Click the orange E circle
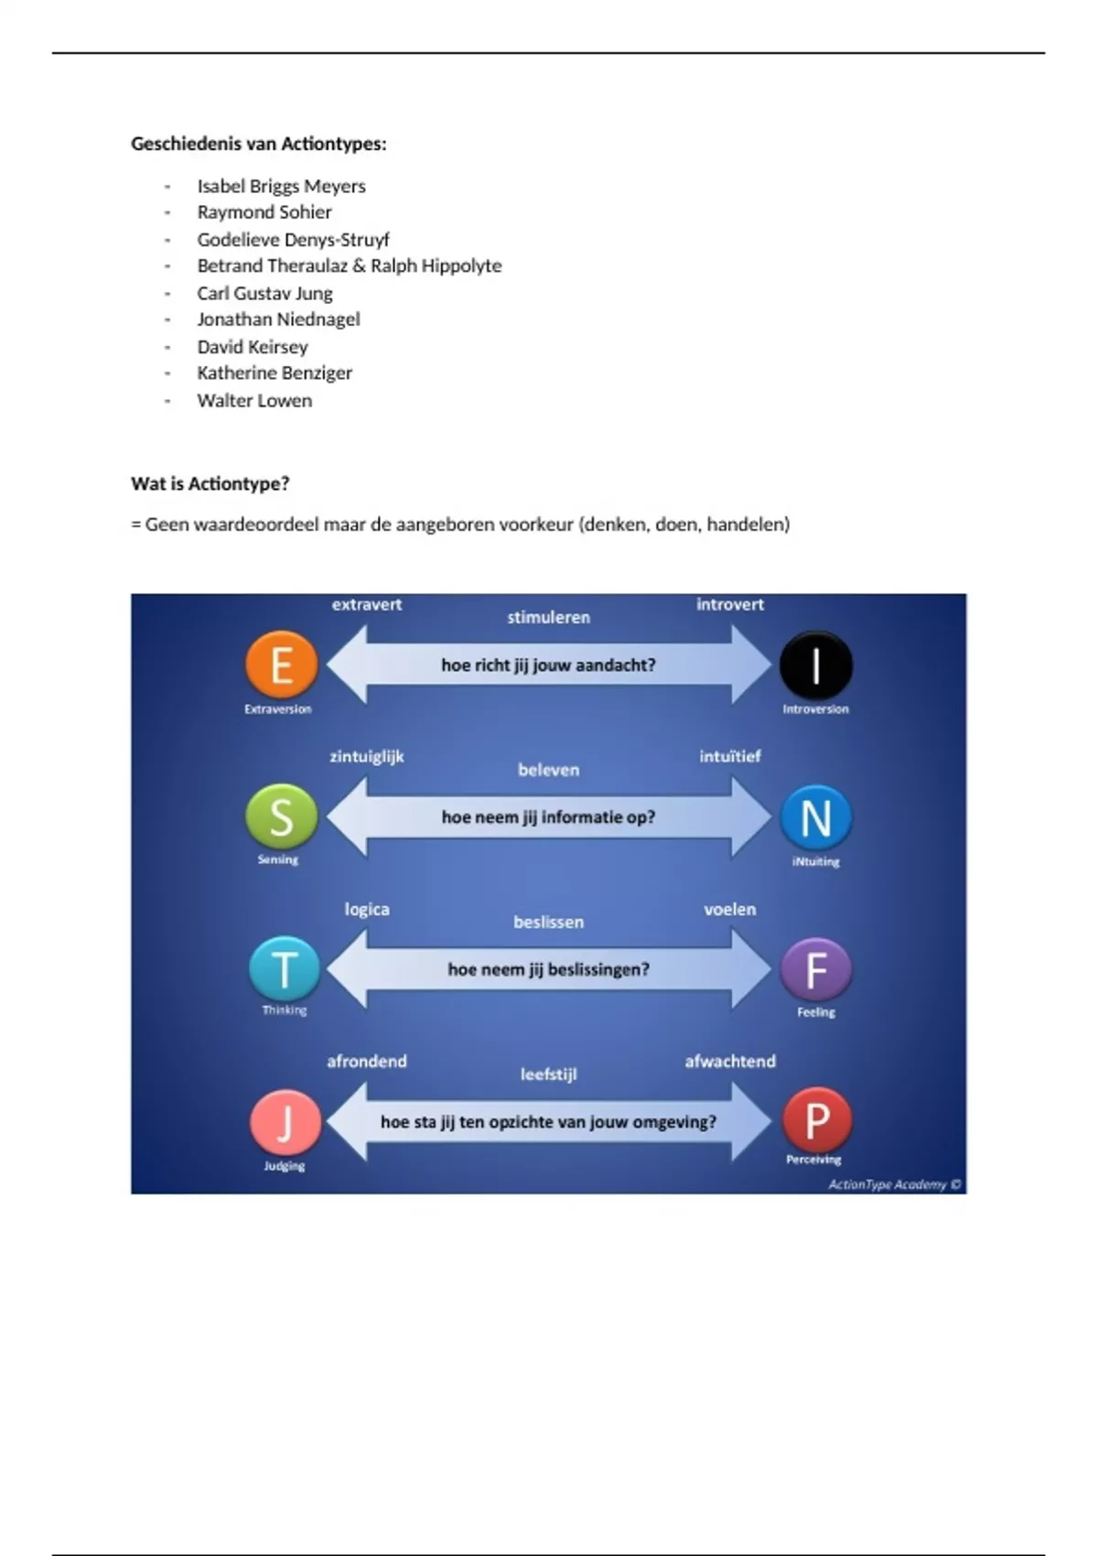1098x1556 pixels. click(282, 665)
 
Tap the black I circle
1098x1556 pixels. click(815, 665)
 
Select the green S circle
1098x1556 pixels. click(282, 816)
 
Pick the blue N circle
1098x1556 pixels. click(815, 817)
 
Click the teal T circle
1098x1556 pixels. click(285, 969)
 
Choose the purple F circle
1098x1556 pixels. click(815, 969)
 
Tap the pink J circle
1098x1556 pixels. click(285, 1122)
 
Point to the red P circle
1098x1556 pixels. click(816, 1119)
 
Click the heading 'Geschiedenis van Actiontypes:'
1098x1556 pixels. click(259, 144)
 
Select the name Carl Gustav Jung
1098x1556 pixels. click(264, 293)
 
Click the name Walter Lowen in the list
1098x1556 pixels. click(254, 400)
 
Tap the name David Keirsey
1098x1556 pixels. click(253, 347)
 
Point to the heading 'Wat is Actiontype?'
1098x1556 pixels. click(210, 483)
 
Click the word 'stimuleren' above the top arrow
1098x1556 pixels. click(549, 617)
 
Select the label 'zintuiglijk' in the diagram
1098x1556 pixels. click(366, 756)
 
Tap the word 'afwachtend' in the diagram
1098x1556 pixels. click(730, 1061)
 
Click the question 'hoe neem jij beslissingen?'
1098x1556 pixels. click(548, 969)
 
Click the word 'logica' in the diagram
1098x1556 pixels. click(367, 909)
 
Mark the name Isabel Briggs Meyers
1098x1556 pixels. click(281, 186)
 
